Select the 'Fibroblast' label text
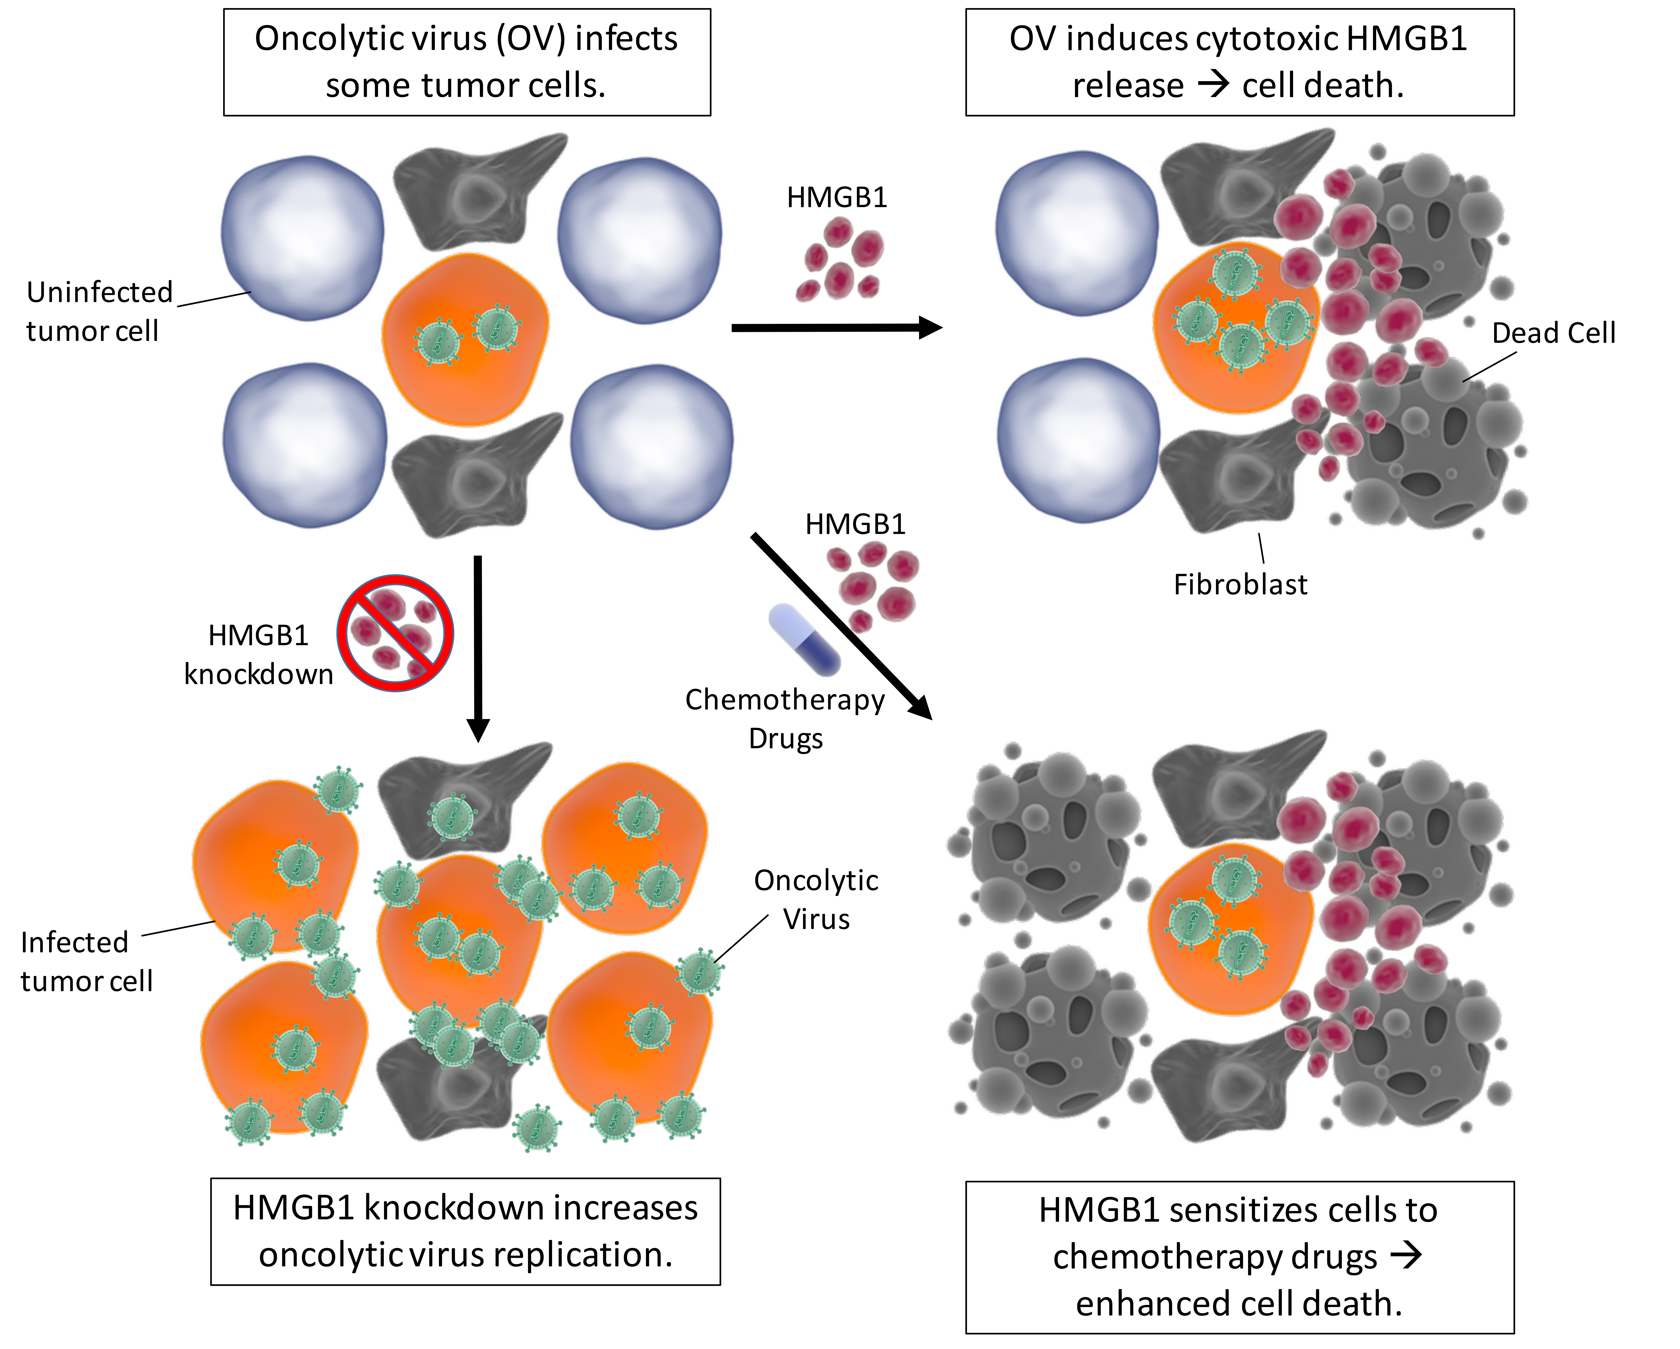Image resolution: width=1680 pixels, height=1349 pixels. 1240,584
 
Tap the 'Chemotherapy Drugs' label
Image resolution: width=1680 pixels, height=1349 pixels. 785,719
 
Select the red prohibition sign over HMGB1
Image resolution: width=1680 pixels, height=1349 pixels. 396,633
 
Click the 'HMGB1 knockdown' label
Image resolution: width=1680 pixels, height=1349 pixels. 258,655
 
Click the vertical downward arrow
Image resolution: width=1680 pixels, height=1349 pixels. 478,647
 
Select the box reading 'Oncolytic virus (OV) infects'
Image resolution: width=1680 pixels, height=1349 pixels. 467,62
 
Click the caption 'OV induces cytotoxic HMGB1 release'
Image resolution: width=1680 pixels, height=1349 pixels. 1239,62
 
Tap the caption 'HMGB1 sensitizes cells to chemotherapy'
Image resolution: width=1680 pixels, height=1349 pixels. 1239,1257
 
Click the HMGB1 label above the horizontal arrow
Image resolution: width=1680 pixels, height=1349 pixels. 837,198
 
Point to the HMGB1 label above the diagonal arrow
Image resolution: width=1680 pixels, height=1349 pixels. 855,524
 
